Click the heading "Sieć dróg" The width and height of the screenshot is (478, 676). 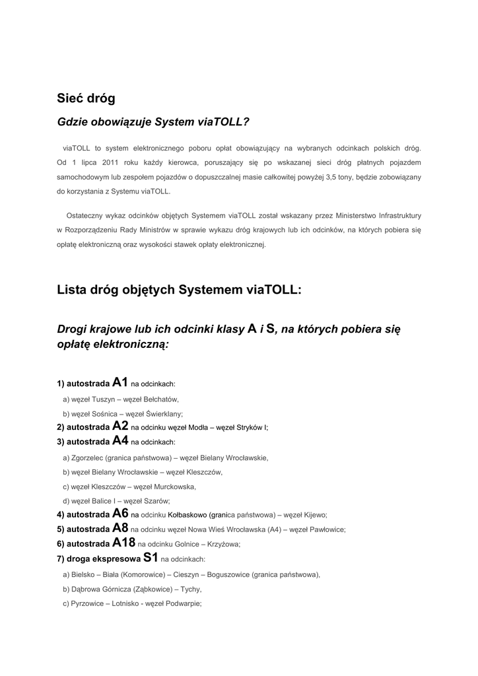[x=86, y=98]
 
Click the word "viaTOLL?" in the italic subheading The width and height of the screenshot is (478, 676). [x=223, y=122]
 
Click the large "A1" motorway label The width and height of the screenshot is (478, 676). [x=120, y=382]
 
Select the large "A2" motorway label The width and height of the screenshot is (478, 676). [x=120, y=426]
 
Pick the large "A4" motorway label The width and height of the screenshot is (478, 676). [x=120, y=440]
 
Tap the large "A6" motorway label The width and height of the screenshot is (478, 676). [x=120, y=514]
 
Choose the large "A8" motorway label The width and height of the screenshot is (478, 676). [x=120, y=528]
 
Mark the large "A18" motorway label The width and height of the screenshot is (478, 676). [x=124, y=543]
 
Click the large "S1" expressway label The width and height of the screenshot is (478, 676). [x=151, y=558]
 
